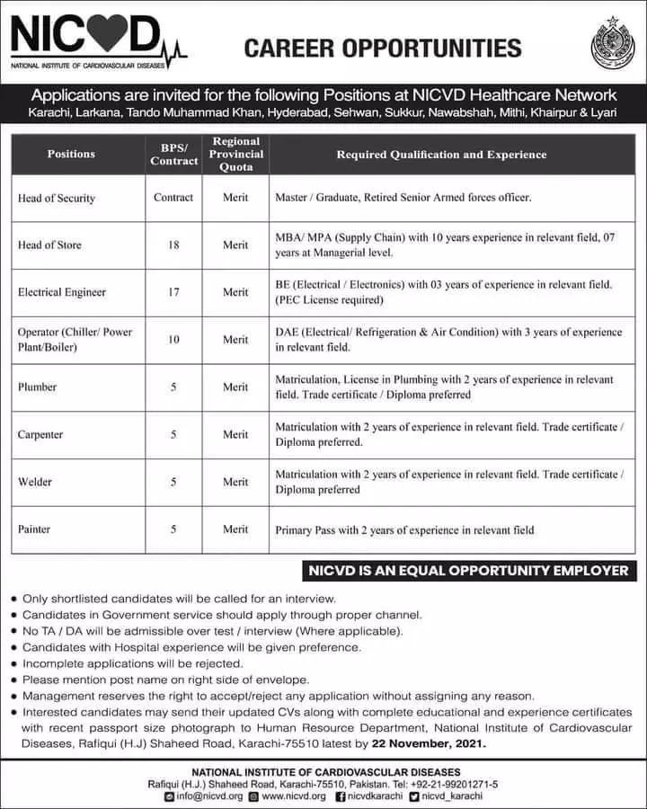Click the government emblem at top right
(612, 42)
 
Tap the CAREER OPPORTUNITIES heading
(383, 47)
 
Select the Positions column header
(71, 155)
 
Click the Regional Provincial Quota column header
(236, 155)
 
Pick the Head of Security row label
(57, 198)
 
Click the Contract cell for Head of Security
(173, 198)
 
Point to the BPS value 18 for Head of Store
(173, 244)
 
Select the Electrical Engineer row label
(62, 292)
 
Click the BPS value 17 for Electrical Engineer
(173, 292)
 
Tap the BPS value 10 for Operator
(173, 340)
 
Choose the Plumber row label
(38, 387)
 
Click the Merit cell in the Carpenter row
(235, 435)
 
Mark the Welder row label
(35, 483)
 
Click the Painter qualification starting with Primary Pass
(404, 530)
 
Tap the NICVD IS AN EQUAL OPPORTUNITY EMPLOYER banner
(467, 571)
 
